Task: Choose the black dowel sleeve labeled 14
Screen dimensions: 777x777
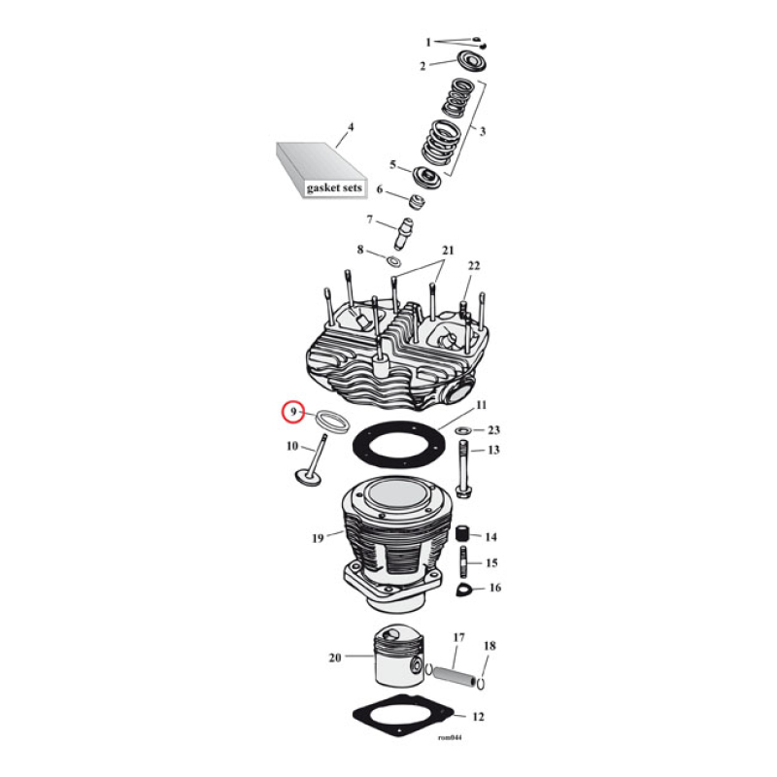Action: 463,535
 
